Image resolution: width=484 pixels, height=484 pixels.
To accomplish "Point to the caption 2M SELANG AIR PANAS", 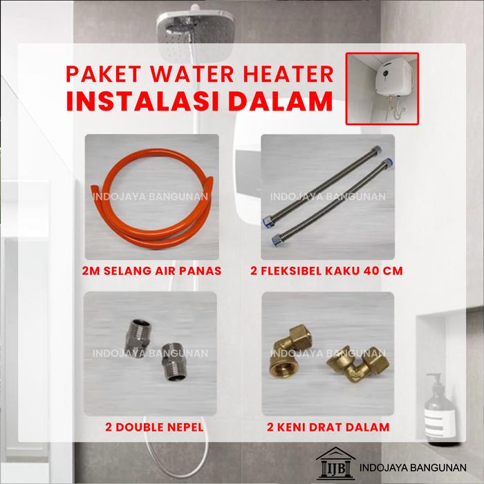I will pos(151,271).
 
